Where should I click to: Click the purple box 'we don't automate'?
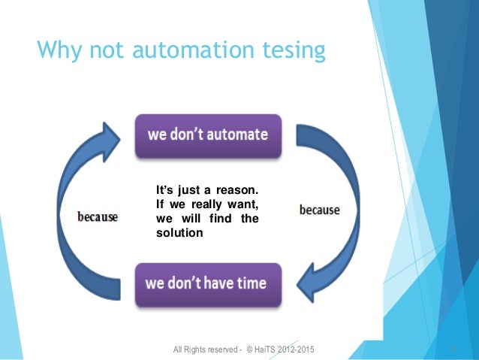click(207, 136)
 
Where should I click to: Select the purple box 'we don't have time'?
click(206, 285)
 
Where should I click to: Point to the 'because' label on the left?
click(98, 217)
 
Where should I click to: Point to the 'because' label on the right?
click(319, 210)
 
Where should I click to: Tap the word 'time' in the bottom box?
click(249, 285)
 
